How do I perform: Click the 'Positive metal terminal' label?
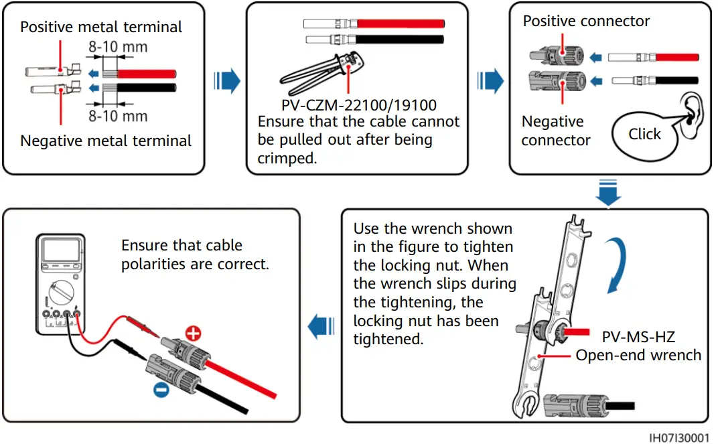pyautogui.click(x=100, y=27)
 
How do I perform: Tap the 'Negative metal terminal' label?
pyautogui.click(x=106, y=141)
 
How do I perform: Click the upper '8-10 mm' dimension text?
pyautogui.click(x=118, y=48)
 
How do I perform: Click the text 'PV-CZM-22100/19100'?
pyautogui.click(x=359, y=105)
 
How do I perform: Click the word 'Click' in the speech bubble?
pyautogui.click(x=644, y=134)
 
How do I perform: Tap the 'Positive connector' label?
pyautogui.click(x=586, y=21)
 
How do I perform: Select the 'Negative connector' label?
pyautogui.click(x=555, y=131)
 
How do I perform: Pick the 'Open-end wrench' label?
pyautogui.click(x=638, y=356)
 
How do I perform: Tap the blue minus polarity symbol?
pyautogui.click(x=161, y=389)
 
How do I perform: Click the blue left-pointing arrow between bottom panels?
pyautogui.click(x=321, y=327)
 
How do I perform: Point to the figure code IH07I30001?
pyautogui.click(x=678, y=437)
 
